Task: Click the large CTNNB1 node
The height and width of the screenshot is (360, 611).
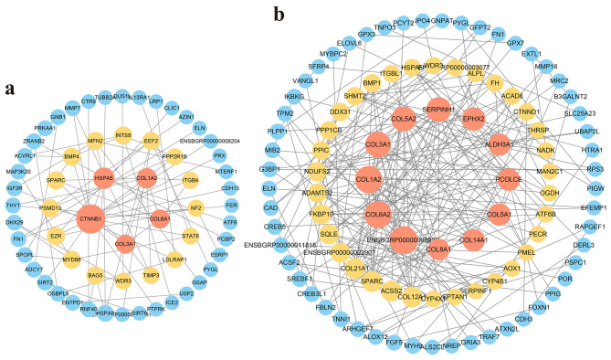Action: (x=90, y=219)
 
